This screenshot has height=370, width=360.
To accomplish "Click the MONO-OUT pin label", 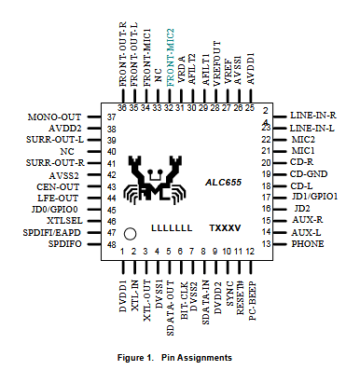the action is pyautogui.click(x=54, y=117).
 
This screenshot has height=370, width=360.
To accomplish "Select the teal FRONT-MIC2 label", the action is pyautogui.click(x=171, y=58).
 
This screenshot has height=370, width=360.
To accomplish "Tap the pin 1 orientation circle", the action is pyautogui.click(x=130, y=234).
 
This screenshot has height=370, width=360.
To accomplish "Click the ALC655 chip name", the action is pyautogui.click(x=223, y=183).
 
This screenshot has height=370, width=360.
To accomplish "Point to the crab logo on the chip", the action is pyautogui.click(x=155, y=180).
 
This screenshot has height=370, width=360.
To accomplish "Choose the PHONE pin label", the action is pyautogui.click(x=308, y=244).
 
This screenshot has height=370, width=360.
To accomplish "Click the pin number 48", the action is pyautogui.click(x=112, y=244).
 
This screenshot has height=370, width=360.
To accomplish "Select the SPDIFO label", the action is pyautogui.click(x=65, y=244).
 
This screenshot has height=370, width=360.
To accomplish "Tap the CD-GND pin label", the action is pyautogui.click(x=309, y=174).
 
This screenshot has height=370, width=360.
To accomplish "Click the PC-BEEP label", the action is pyautogui.click(x=252, y=301).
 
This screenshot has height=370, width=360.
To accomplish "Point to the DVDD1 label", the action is pyautogui.click(x=123, y=296).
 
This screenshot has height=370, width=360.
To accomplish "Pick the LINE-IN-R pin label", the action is pyautogui.click(x=313, y=116).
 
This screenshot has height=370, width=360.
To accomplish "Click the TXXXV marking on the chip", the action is pyautogui.click(x=225, y=228).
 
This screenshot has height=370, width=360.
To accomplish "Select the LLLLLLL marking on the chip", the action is pyautogui.click(x=172, y=228).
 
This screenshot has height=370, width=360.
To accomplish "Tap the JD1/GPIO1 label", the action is pyautogui.click(x=314, y=197).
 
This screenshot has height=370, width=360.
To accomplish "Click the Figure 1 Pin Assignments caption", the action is pyautogui.click(x=174, y=358).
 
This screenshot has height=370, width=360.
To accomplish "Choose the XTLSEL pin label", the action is pyautogui.click(x=64, y=221).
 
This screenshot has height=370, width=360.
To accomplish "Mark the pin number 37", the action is pyautogui.click(x=112, y=117).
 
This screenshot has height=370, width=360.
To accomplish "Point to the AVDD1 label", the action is pyautogui.click(x=251, y=68).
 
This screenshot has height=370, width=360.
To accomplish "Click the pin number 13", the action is pyautogui.click(x=266, y=244).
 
